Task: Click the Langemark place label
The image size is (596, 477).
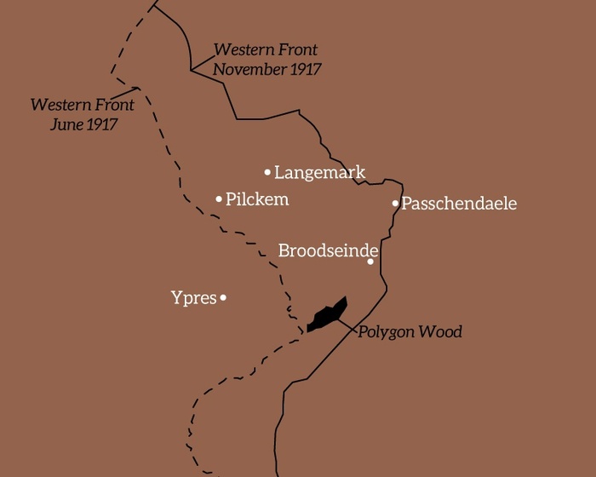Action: point(319,172)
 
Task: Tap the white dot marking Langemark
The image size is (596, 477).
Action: point(267,172)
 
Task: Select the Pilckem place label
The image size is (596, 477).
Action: point(257,199)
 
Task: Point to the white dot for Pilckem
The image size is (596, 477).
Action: point(219,199)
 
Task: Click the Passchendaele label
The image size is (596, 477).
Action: point(459,204)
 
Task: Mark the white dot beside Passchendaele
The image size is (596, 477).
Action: point(395,204)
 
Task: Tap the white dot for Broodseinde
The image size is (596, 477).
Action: point(370,261)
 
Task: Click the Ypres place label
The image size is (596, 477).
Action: point(193,298)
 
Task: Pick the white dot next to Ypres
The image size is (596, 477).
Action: point(223,298)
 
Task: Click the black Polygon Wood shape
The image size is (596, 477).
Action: point(327,316)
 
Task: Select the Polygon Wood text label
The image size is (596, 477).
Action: point(410,332)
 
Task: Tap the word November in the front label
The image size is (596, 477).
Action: point(249,69)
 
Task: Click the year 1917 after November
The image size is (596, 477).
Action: point(305,69)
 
